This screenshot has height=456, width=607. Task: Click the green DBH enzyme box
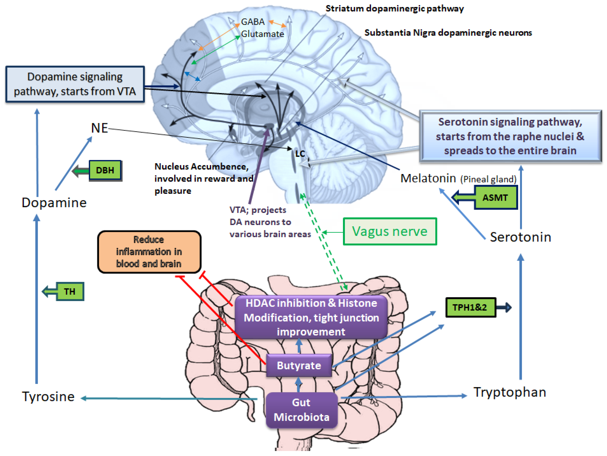(105, 170)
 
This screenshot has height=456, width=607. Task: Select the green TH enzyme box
(70, 291)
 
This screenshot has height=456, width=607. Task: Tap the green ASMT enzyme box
(495, 198)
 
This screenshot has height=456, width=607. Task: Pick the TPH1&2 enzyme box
(470, 307)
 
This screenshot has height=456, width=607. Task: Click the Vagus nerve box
(390, 231)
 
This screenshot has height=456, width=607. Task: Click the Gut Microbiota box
(301, 410)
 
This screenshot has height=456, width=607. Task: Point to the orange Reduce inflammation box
(149, 252)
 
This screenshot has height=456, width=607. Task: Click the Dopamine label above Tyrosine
(54, 203)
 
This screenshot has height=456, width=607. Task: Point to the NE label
(99, 128)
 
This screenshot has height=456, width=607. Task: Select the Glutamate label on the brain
(262, 34)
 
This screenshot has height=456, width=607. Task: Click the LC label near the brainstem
(300, 154)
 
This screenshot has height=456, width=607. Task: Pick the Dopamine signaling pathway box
(75, 84)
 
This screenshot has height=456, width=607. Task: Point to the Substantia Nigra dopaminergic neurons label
(448, 33)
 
